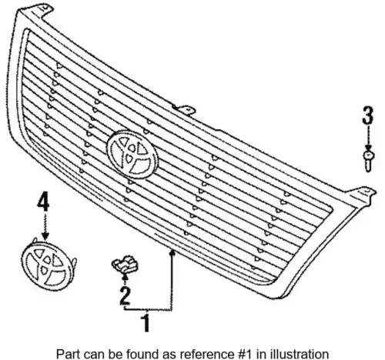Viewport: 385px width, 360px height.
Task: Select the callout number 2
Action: pyautogui.click(x=125, y=296)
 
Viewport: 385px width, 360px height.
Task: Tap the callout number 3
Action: pyautogui.click(x=368, y=115)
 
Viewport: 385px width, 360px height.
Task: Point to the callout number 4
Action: pyautogui.click(x=43, y=202)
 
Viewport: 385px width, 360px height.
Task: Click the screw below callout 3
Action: pyautogui.click(x=369, y=162)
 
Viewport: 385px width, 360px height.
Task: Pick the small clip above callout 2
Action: pyautogui.click(x=125, y=264)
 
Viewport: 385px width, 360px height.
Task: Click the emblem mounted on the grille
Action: pyautogui.click(x=132, y=154)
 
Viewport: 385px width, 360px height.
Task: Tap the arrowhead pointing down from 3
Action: pyautogui.click(x=368, y=148)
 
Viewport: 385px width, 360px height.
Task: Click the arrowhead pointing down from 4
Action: pyautogui.click(x=45, y=236)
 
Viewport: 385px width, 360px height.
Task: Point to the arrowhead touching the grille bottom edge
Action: pyautogui.click(x=172, y=252)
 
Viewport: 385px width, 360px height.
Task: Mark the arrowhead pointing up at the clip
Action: pyautogui.click(x=125, y=276)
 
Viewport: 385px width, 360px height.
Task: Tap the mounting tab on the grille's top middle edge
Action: pyautogui.click(x=184, y=109)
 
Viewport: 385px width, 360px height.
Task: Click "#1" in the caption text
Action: pyautogui.click(x=246, y=354)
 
